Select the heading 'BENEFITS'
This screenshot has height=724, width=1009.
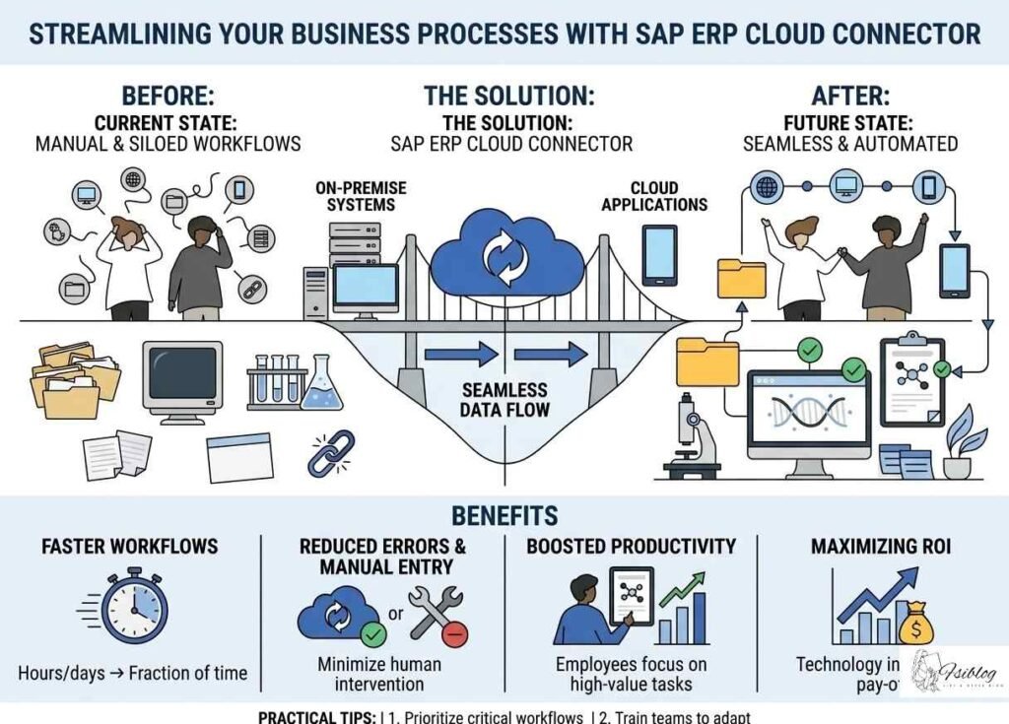click(x=504, y=516)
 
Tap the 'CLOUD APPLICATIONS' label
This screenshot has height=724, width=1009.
click(x=654, y=196)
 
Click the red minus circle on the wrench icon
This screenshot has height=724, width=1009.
click(x=455, y=636)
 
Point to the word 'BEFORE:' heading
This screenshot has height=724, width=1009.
click(x=168, y=97)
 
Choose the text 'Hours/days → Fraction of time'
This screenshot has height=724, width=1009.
click(x=133, y=674)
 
